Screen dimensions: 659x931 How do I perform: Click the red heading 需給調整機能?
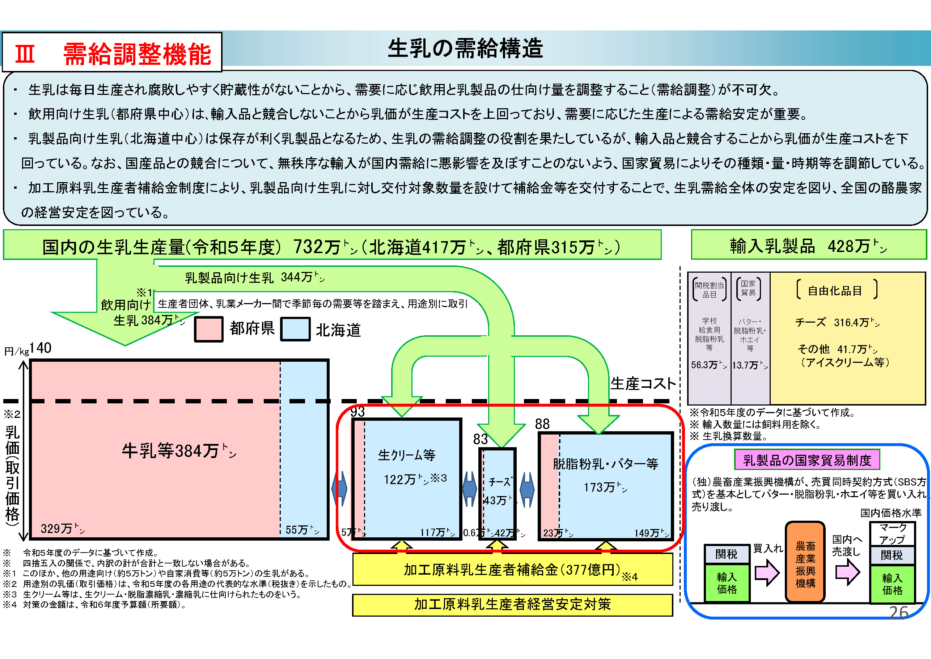(137, 54)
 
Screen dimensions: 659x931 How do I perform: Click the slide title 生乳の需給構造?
(465, 48)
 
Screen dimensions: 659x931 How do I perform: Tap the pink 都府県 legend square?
(208, 329)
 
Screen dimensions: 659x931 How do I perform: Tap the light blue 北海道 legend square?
(295, 329)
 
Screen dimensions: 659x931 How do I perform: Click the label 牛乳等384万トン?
(178, 451)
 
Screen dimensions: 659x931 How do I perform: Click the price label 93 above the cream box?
(357, 412)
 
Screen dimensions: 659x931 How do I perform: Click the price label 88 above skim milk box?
(542, 424)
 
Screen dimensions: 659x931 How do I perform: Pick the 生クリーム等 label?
(406, 455)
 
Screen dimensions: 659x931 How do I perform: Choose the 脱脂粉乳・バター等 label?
(605, 463)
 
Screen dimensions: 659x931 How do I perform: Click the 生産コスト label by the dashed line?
(643, 383)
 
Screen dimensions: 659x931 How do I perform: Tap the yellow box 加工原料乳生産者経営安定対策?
(512, 604)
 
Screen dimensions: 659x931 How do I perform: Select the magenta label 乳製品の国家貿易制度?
(807, 460)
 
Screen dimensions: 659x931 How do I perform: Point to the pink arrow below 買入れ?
(767, 572)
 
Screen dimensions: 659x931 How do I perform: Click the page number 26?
(898, 612)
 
